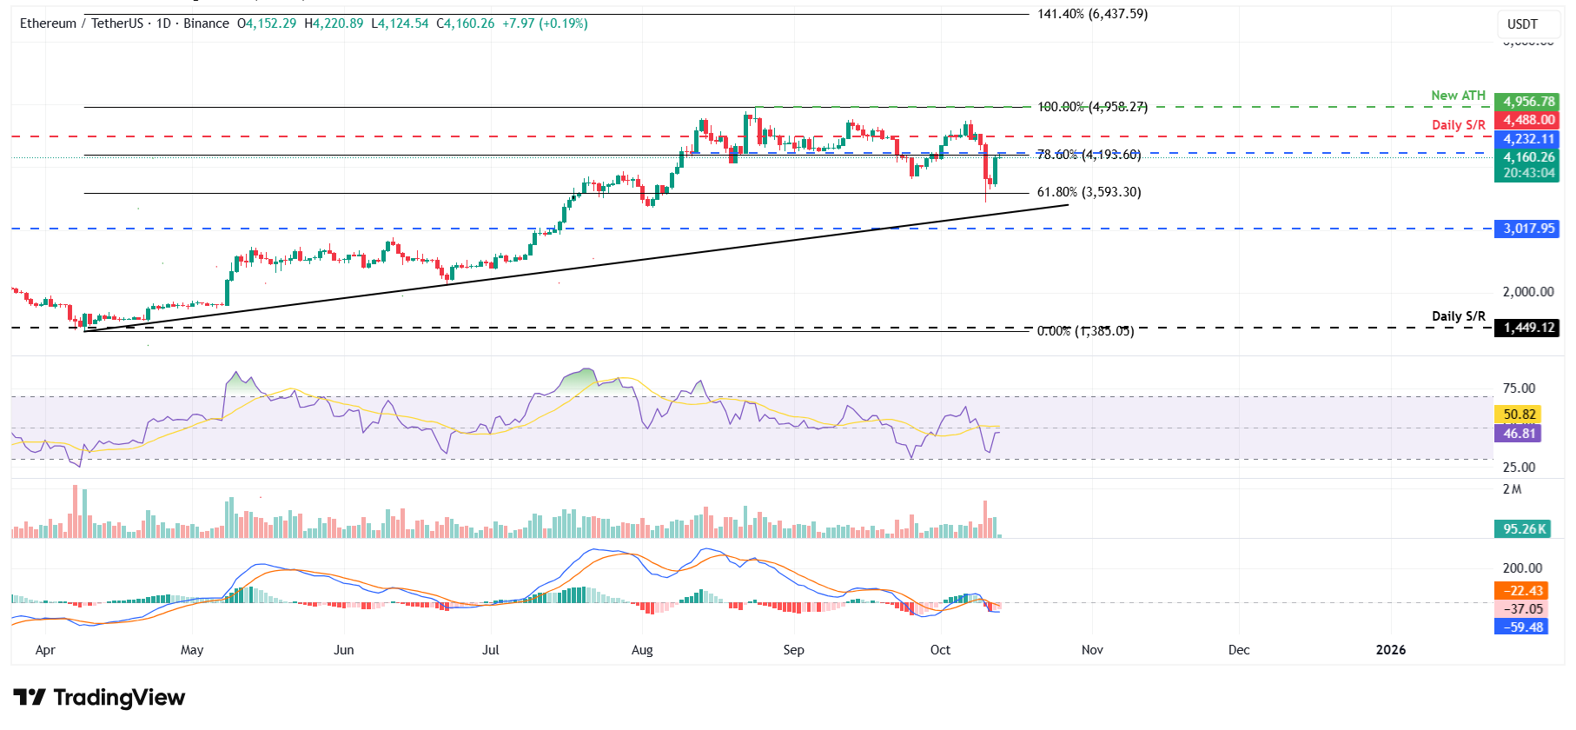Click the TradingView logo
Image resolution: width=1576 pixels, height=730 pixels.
pyautogui.click(x=99, y=698)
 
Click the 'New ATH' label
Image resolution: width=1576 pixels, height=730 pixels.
pyautogui.click(x=1458, y=96)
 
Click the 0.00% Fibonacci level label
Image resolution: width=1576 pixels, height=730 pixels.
pyautogui.click(x=1085, y=331)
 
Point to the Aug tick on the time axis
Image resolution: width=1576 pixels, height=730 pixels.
pyautogui.click(x=642, y=650)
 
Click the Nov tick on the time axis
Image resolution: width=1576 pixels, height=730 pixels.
pyautogui.click(x=1092, y=650)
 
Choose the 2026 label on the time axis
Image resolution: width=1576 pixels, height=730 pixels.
pyautogui.click(x=1390, y=650)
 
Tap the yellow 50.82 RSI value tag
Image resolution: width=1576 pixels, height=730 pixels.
pyautogui.click(x=1520, y=415)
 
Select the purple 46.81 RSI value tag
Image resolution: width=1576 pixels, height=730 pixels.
pyautogui.click(x=1520, y=434)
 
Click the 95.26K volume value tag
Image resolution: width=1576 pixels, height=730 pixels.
pyautogui.click(x=1525, y=529)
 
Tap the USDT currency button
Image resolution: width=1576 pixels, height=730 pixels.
pyautogui.click(x=1522, y=24)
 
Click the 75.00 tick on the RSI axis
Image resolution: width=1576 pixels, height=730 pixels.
pyautogui.click(x=1519, y=388)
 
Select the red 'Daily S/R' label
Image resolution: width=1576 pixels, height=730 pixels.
pyautogui.click(x=1458, y=125)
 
